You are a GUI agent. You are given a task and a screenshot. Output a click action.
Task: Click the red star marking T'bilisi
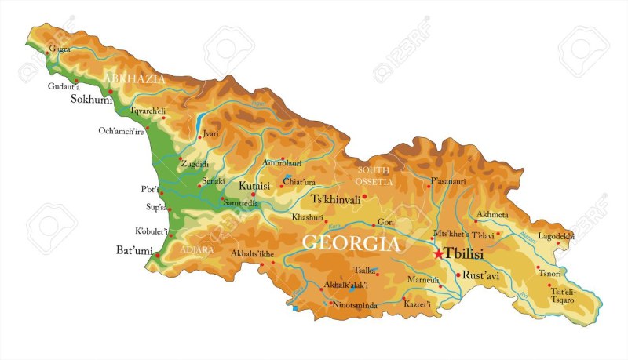(x=438, y=254)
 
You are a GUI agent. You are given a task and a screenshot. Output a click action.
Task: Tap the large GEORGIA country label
(x=351, y=243)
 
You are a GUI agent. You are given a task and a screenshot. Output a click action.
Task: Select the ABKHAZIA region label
(x=140, y=79)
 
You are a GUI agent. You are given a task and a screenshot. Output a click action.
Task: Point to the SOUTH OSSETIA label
(x=374, y=176)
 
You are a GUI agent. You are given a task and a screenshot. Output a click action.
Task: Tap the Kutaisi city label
(x=254, y=186)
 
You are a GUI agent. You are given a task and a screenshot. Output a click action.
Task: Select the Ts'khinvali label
(x=336, y=199)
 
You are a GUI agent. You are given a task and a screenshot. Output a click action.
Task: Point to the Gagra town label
(x=60, y=49)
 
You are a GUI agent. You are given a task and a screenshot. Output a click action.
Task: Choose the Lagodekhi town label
(x=556, y=235)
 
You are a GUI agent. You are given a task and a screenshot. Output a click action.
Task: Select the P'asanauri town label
(x=447, y=181)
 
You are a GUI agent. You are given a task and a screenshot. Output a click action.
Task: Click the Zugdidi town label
(x=195, y=164)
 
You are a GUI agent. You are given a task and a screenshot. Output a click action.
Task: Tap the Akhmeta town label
(x=492, y=214)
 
